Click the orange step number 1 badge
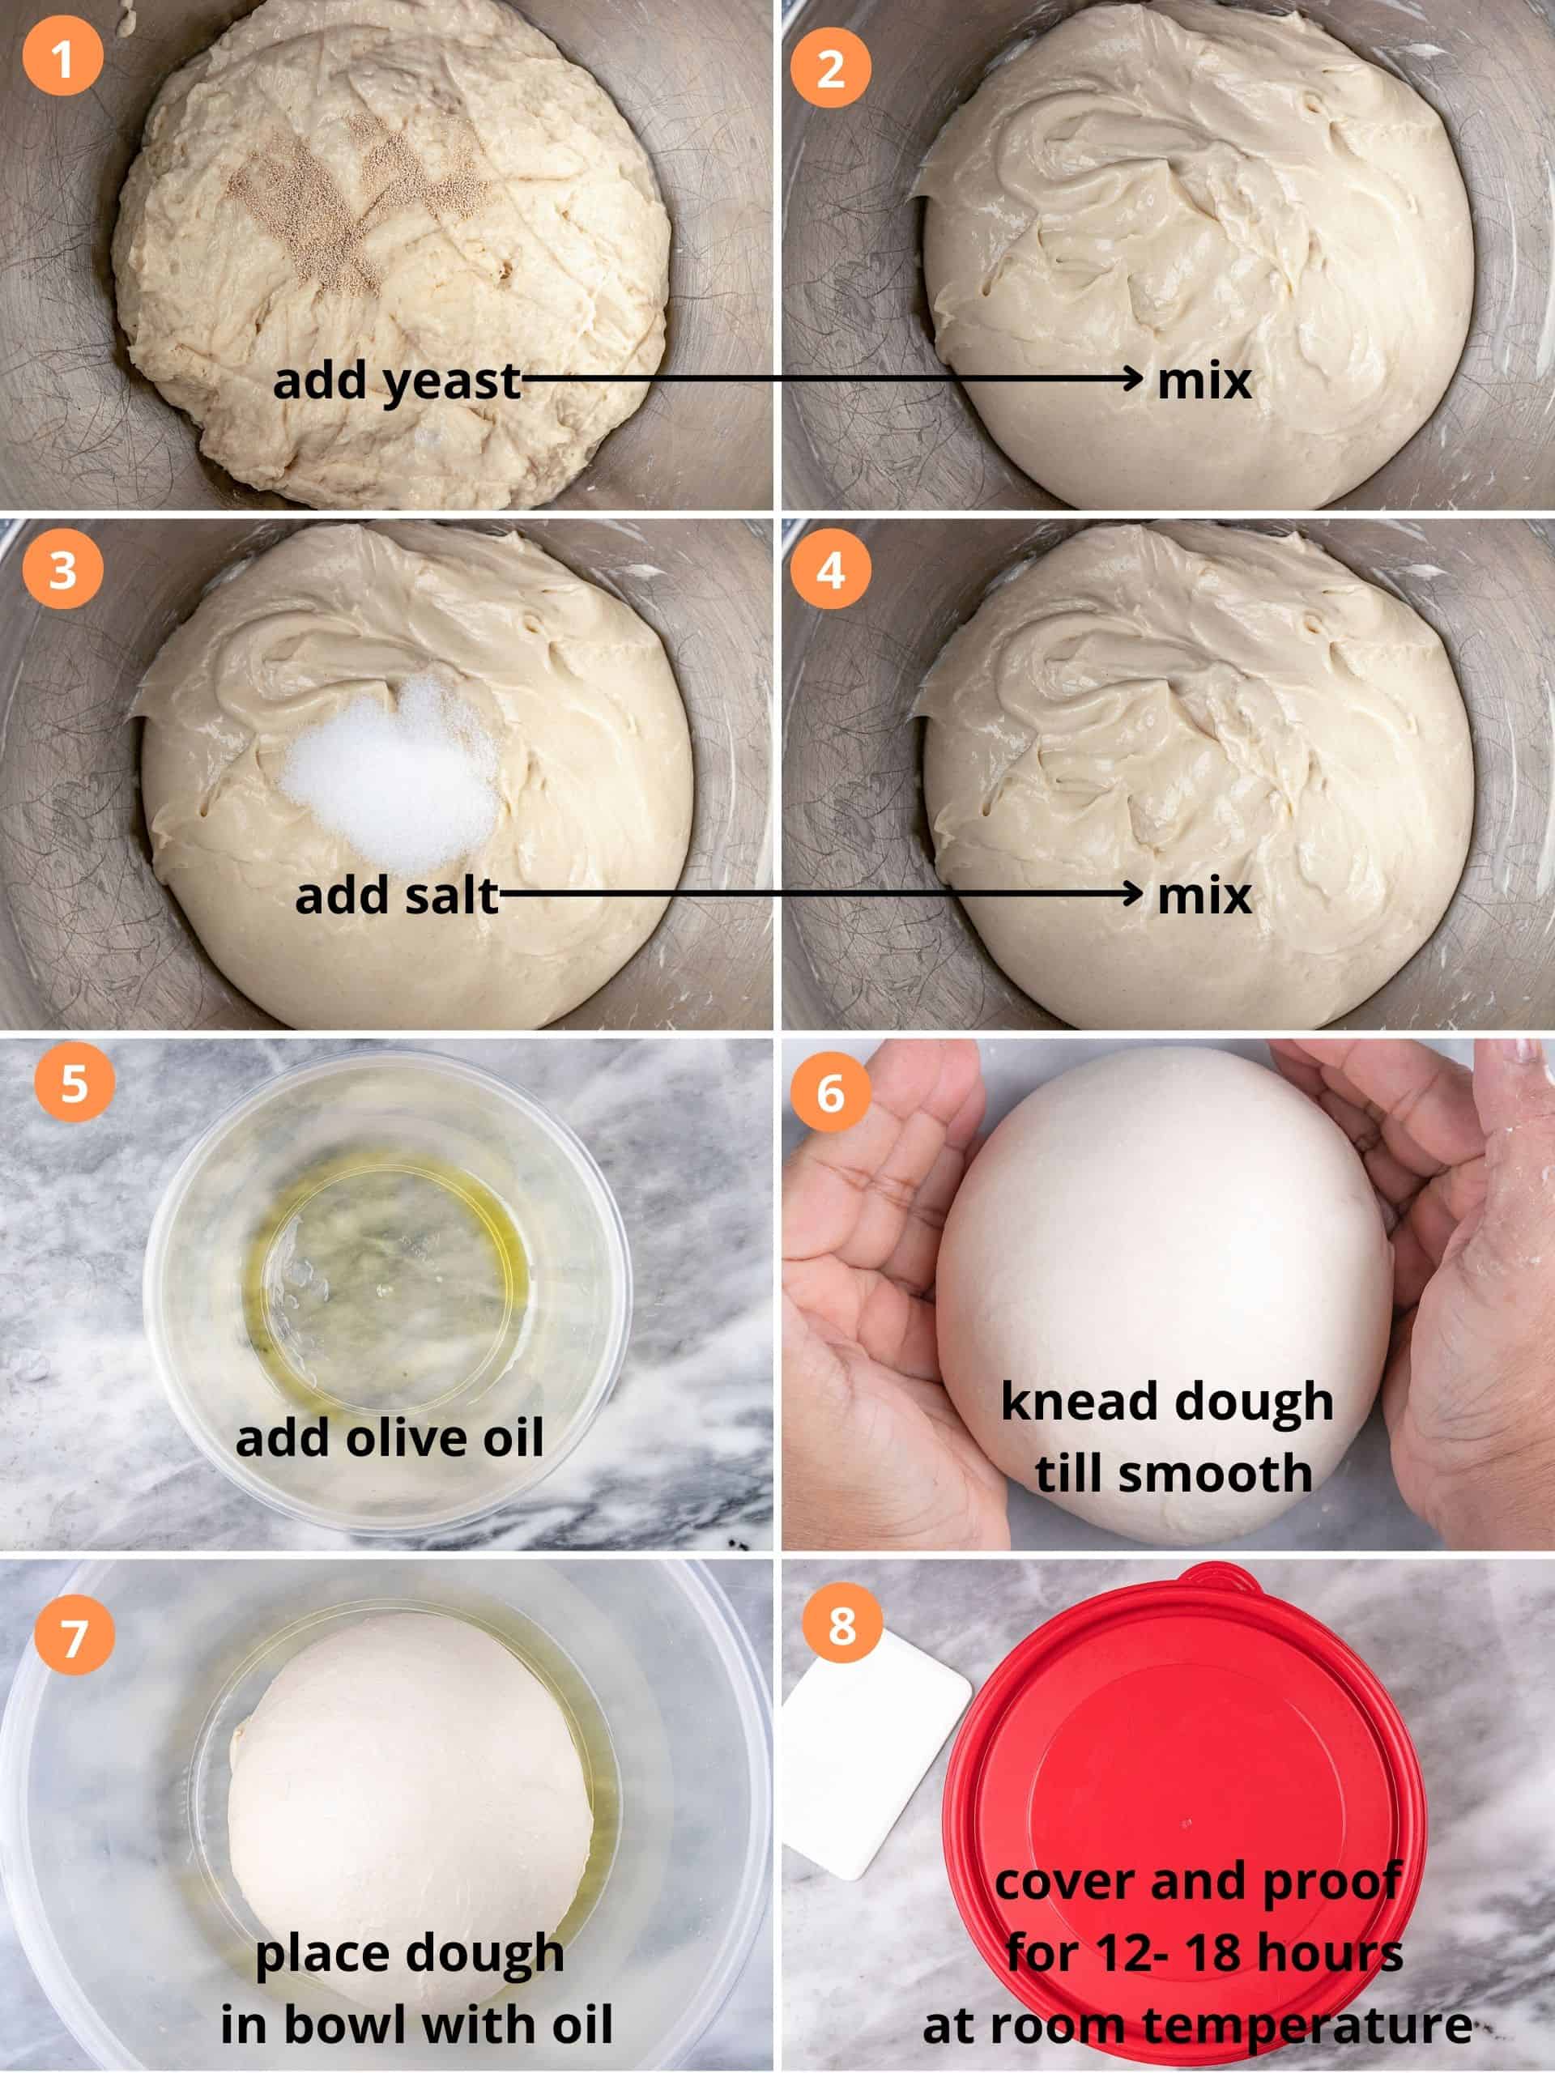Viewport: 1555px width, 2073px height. click(62, 57)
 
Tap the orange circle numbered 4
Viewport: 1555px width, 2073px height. click(829, 570)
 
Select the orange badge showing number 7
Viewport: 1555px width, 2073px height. click(74, 1637)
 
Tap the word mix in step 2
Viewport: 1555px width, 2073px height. click(1204, 381)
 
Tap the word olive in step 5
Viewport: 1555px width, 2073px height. click(405, 1438)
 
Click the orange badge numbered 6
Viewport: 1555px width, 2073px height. click(829, 1092)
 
